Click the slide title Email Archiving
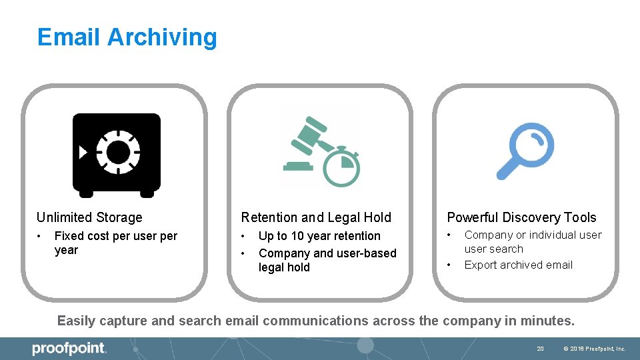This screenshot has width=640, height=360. (127, 37)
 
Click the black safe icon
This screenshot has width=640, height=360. (117, 155)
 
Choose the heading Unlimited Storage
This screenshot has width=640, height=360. (89, 217)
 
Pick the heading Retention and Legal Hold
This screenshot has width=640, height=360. (316, 217)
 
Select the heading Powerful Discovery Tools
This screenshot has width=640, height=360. (521, 217)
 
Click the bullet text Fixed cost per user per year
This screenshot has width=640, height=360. (115, 243)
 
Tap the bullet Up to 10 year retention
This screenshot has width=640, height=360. (319, 236)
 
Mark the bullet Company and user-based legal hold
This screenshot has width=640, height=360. (327, 260)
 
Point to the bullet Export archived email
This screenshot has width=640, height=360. (518, 265)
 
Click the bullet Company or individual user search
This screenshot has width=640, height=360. (532, 241)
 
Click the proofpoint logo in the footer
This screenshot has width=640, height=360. (69, 348)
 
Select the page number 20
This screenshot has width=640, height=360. (541, 349)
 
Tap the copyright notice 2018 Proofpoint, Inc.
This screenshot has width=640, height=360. (594, 349)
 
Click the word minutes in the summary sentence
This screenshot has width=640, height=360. (549, 321)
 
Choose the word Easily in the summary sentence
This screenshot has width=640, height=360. (76, 321)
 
